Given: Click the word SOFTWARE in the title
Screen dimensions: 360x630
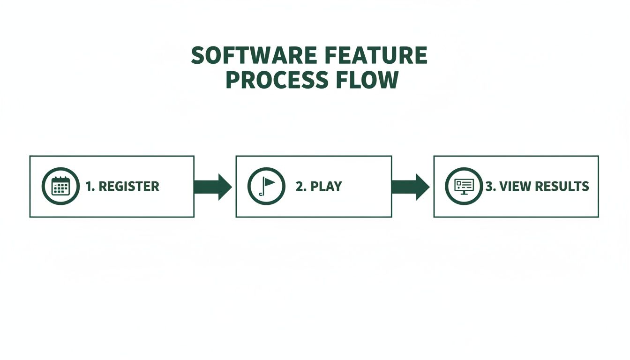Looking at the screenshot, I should point(245,56).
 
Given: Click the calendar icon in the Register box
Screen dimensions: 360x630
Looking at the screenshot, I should point(60,186).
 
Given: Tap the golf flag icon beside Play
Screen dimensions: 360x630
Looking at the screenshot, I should point(266,186).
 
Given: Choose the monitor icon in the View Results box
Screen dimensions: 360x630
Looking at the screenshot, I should point(464,186).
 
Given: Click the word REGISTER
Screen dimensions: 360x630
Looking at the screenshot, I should point(129,187).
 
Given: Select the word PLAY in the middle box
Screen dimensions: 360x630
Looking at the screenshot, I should point(326,187).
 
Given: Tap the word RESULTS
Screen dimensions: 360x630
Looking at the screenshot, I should point(562,187).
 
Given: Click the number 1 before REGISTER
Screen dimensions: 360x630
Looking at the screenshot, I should point(89,187).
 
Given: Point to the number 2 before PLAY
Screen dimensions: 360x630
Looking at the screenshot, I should point(300,187).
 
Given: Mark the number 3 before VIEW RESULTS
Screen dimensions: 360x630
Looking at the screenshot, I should point(489,187).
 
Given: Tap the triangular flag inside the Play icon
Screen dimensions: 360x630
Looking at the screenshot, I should point(269,181).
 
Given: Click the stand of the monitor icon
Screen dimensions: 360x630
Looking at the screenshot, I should point(464,193).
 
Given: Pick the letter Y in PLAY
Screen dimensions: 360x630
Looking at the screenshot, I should point(337,187).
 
